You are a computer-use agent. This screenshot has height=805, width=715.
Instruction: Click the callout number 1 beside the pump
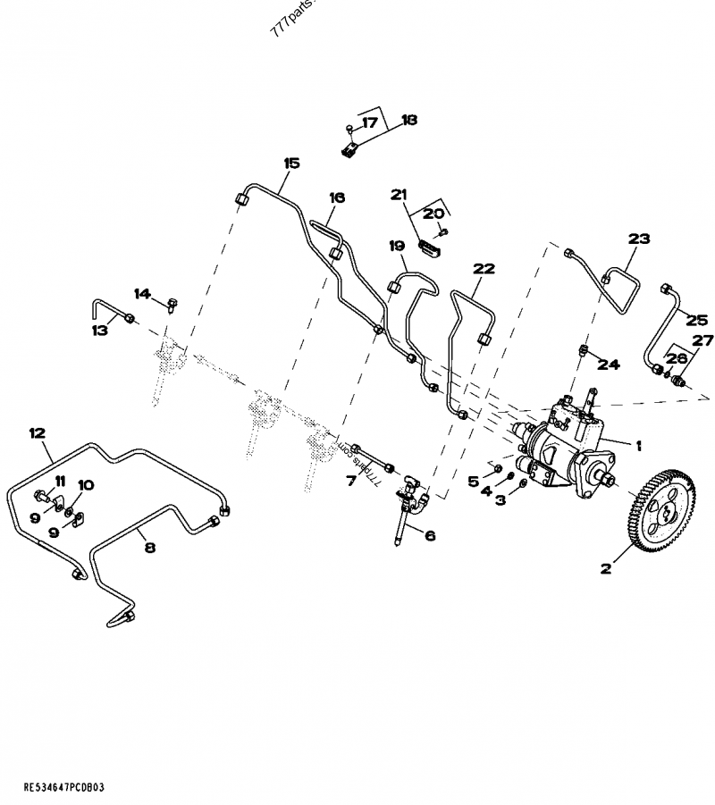(x=639, y=444)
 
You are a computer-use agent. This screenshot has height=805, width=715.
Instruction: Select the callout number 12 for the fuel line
(x=37, y=433)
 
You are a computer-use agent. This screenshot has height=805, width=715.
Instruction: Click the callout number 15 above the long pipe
(x=292, y=164)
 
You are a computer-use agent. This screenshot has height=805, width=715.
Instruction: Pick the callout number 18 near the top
(x=409, y=120)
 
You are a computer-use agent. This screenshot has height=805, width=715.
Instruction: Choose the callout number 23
(x=639, y=239)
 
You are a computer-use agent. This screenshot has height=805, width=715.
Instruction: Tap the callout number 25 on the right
(x=696, y=318)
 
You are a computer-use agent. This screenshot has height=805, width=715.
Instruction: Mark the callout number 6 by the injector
(x=429, y=535)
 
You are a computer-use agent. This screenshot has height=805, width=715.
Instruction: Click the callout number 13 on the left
(x=99, y=330)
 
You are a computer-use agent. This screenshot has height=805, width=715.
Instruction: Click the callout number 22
(x=484, y=268)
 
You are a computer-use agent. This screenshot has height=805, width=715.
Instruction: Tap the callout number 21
(x=399, y=194)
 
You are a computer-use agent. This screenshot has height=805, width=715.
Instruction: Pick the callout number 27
(x=703, y=340)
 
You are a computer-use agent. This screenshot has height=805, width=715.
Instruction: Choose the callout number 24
(x=608, y=364)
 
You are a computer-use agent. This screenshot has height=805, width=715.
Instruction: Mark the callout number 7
(x=352, y=480)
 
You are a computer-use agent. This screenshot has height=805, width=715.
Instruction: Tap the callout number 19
(x=397, y=245)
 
